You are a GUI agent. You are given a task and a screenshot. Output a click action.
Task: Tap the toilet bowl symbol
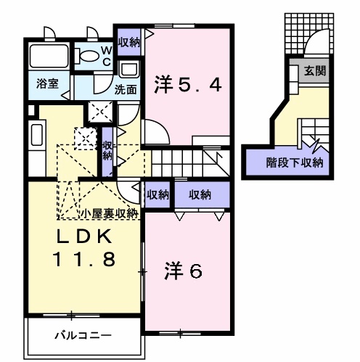89,54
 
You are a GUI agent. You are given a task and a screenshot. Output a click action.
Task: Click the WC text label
106,54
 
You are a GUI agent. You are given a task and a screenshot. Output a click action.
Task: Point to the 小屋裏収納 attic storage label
110,213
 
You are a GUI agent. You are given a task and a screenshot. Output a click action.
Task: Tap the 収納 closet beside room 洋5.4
129,41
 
